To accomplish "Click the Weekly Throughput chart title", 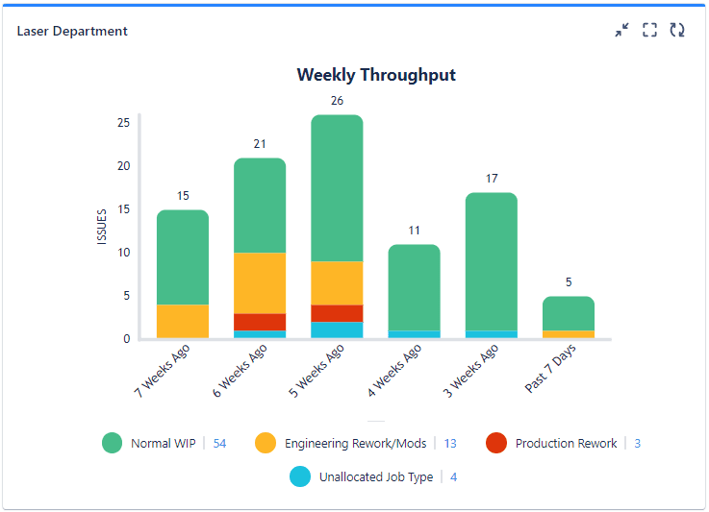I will pos(376,75).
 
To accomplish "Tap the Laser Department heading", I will pos(72,31).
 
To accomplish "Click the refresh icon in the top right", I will pos(677,31).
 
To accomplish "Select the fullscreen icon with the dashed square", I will pos(650,31).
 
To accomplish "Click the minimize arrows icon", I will pos(622,31).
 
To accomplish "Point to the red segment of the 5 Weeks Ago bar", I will pos(337,313).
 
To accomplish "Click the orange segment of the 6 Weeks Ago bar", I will pos(260,282).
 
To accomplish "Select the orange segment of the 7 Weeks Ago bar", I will pos(183,321).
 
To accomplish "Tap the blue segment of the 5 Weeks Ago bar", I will pos(337,329).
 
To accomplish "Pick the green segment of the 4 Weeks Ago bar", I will pos(415,287).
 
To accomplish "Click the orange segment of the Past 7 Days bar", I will pos(569,334).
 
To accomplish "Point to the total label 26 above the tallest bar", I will pos(337,100).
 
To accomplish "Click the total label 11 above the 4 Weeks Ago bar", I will pos(415,231).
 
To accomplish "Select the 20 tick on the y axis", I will pos(123,165).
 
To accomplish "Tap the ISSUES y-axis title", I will pos(102,226).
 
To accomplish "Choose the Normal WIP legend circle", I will pos(113,443).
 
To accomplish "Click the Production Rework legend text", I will pos(566,444).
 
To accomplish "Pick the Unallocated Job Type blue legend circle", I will pos(300,476).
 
